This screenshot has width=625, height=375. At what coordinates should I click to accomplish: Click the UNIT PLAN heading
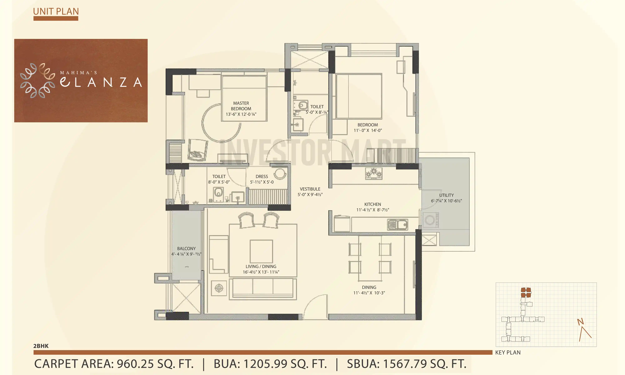point(56,11)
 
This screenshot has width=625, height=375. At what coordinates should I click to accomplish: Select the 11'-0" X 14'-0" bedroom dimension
point(367,130)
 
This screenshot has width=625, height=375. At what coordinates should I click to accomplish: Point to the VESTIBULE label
point(310,189)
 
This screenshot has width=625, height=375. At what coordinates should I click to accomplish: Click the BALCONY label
point(186,248)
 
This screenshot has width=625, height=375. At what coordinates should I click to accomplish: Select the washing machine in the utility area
point(430,220)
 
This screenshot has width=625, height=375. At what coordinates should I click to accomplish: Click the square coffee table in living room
point(261,251)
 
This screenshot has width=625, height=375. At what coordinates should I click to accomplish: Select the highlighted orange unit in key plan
point(526,292)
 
